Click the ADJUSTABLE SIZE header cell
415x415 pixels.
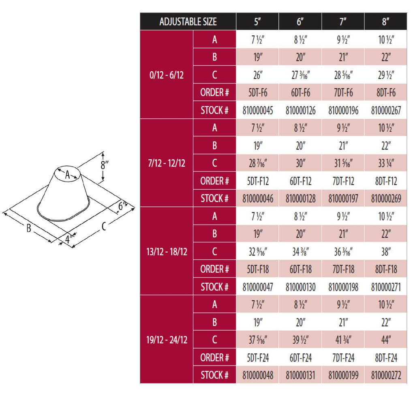188,21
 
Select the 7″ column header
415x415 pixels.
343,21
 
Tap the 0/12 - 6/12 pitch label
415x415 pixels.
167,75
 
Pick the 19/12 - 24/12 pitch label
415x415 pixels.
167,340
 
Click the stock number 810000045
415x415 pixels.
258,110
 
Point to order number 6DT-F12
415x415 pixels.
300,181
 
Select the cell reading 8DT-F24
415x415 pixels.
386,358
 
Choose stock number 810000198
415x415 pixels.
343,287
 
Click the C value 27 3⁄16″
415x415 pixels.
300,75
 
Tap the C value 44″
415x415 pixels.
386,340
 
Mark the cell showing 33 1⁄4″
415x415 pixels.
386,163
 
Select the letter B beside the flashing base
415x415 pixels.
29,229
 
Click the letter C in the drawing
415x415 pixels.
104,227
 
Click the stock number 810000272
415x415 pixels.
386,375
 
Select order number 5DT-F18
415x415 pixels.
258,269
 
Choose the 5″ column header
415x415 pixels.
257,21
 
